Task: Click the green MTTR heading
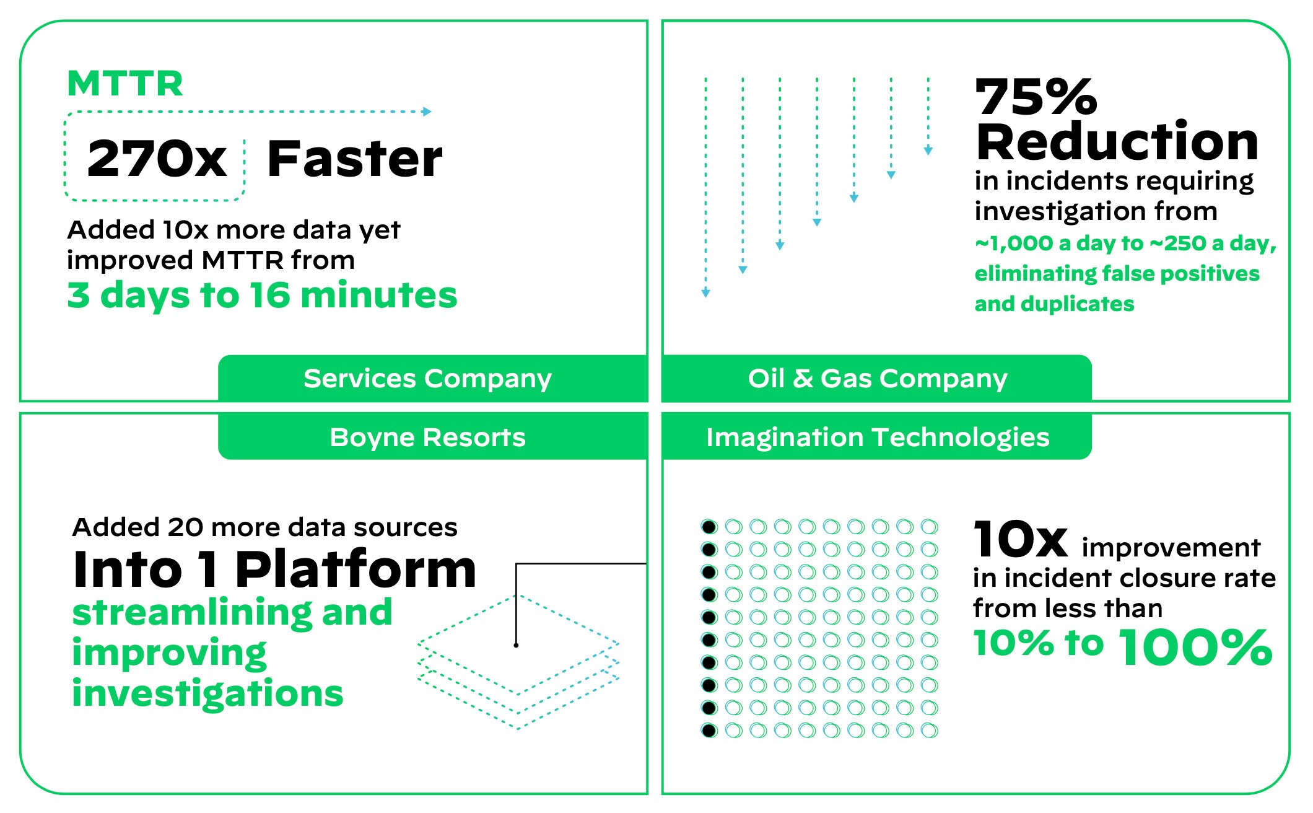(125, 84)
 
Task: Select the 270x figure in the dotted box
(157, 159)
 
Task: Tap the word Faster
(354, 159)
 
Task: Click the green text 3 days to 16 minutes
(262, 295)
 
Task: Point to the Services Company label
(427, 378)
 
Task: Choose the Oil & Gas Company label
(877, 378)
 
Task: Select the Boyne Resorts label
(427, 437)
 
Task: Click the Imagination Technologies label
(877, 437)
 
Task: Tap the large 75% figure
(1036, 97)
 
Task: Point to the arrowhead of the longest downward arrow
(705, 292)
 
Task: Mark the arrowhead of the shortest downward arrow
(928, 150)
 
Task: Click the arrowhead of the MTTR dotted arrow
(427, 112)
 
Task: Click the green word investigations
(207, 693)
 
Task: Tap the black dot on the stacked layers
(516, 645)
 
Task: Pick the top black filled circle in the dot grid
(709, 527)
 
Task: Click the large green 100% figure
(1195, 647)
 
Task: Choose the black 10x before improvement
(1020, 539)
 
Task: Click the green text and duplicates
(1054, 304)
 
